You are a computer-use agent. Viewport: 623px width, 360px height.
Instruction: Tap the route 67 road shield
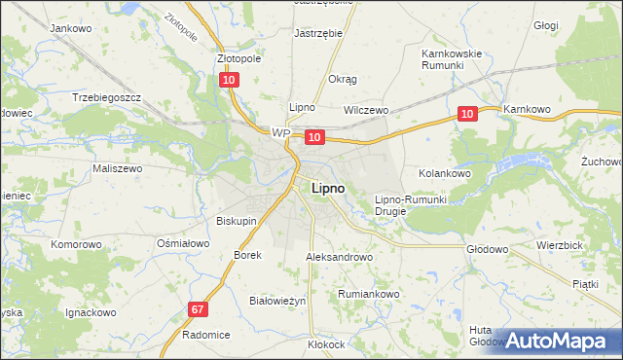tap(198, 309)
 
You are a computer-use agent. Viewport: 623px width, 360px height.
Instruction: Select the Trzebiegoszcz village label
tap(107, 97)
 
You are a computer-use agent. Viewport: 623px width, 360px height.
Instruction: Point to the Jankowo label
tap(70, 28)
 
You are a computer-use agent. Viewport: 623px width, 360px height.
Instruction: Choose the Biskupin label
tap(237, 221)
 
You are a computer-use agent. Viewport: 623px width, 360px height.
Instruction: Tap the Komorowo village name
tap(77, 244)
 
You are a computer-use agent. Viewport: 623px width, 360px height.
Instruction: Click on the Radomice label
tap(205, 334)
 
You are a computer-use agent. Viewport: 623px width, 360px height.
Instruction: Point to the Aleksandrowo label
tap(340, 257)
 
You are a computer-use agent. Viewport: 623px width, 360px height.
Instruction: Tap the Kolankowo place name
tap(445, 172)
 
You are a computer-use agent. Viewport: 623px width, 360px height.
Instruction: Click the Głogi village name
tap(573, 26)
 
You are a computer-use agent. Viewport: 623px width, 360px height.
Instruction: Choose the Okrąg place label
tap(343, 79)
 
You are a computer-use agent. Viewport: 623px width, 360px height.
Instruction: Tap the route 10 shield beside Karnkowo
tap(467, 114)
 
